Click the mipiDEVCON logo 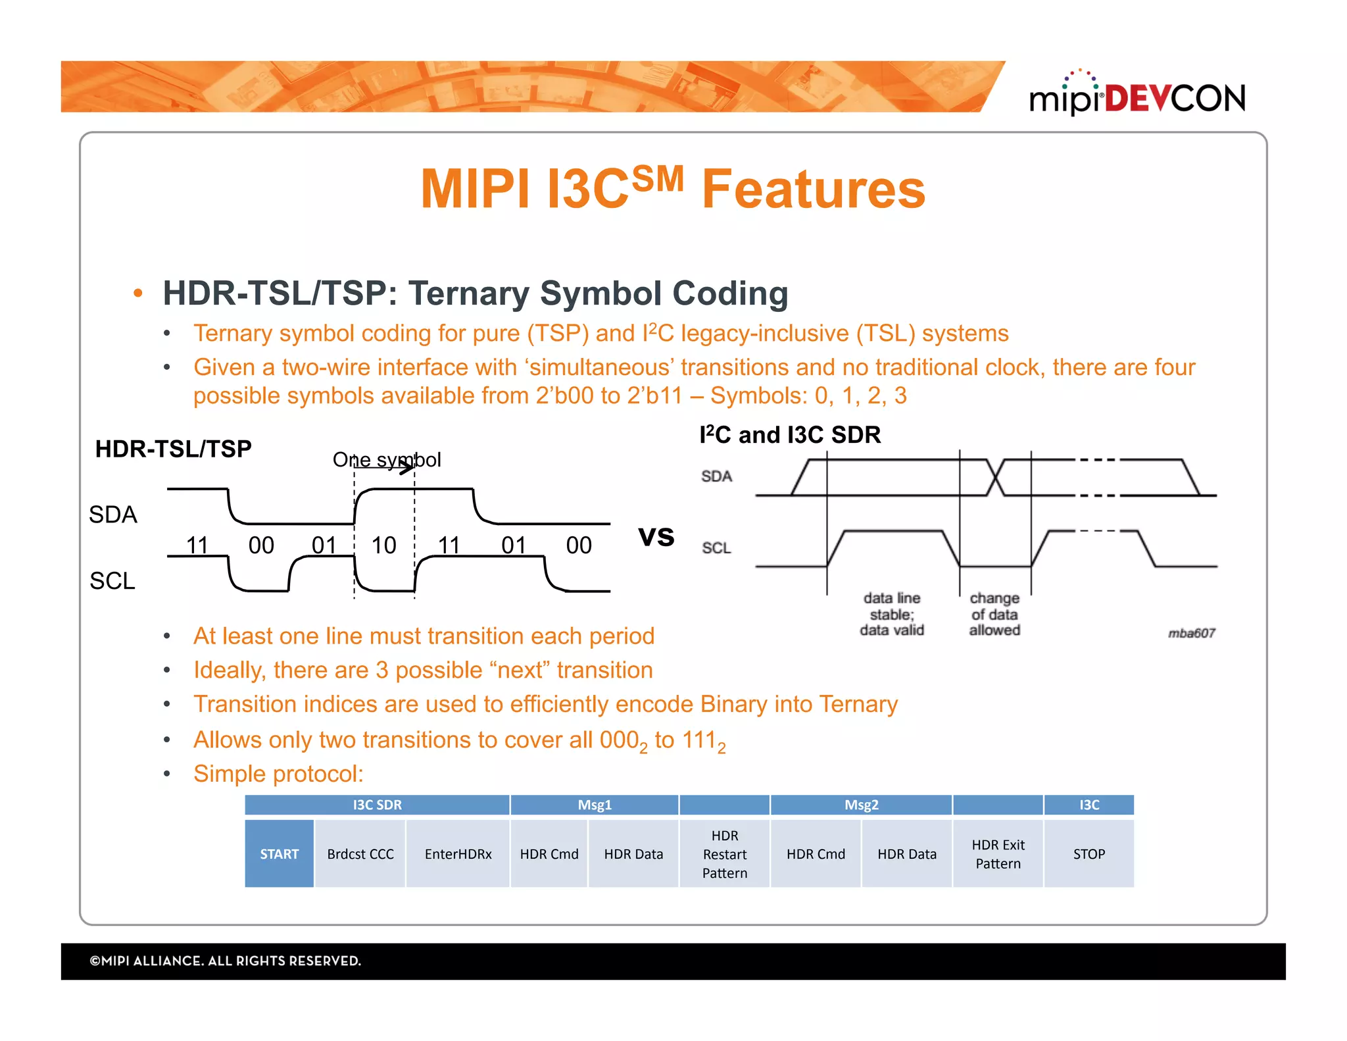(x=1137, y=97)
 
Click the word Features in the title (x=814, y=190)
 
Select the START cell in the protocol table (x=279, y=854)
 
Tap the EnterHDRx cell (x=458, y=854)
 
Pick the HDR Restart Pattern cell (x=724, y=854)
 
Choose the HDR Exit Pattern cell (x=998, y=854)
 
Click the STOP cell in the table (x=1089, y=854)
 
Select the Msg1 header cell (x=594, y=805)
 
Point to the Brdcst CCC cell (x=360, y=854)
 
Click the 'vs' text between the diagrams (x=656, y=536)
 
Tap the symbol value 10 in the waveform (x=383, y=545)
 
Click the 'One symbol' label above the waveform (x=387, y=459)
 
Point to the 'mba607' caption (x=1191, y=633)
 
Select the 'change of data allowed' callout (x=994, y=614)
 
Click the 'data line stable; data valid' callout (x=892, y=614)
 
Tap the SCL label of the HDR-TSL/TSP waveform (x=112, y=580)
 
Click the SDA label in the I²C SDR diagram (x=716, y=476)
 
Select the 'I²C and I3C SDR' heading (x=790, y=435)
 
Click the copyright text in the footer (x=226, y=961)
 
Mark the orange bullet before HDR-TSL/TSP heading (x=137, y=293)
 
